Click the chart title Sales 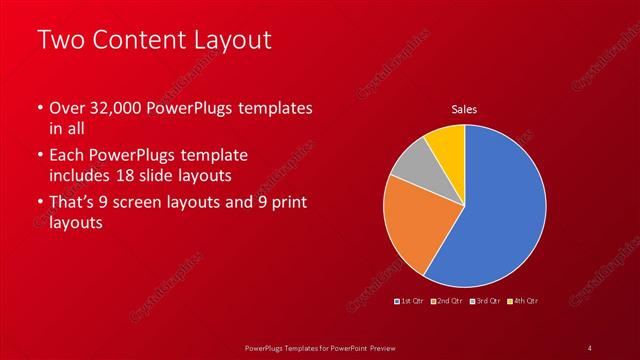tap(464, 109)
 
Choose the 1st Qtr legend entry tap(411, 300)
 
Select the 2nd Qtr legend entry tap(448, 300)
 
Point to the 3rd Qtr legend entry tap(485, 300)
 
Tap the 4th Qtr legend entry tap(523, 300)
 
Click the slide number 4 tap(589, 347)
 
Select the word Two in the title tap(61, 41)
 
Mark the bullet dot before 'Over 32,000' tap(40, 108)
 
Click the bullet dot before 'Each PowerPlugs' tap(40, 156)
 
